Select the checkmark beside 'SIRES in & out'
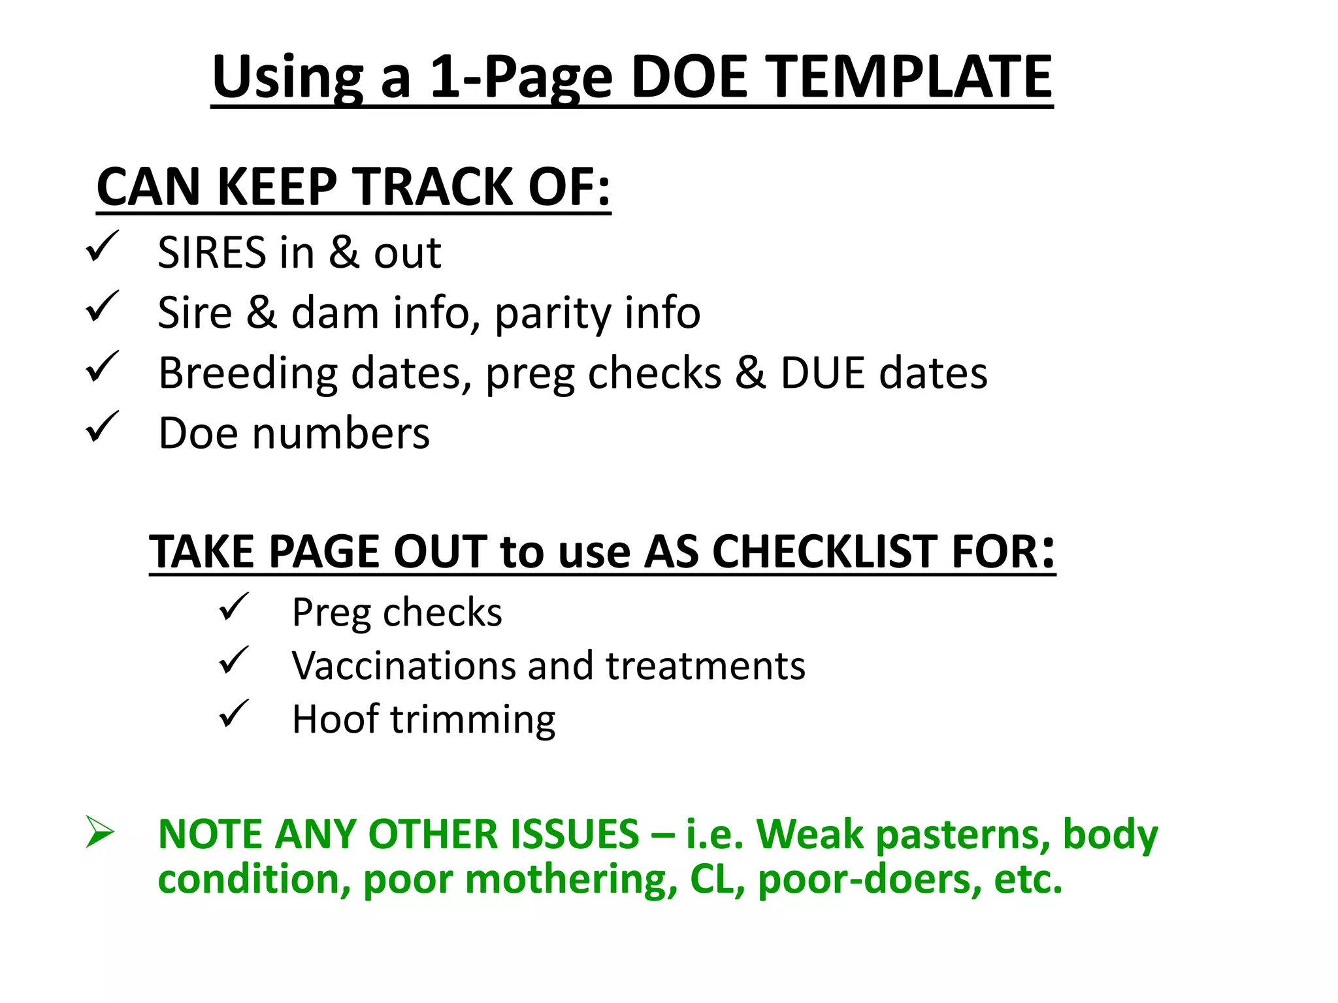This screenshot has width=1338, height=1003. point(102,246)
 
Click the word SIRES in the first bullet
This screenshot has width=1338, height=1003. point(212,253)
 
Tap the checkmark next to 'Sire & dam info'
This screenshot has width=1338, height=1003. point(102,306)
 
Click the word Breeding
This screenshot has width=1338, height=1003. point(248,374)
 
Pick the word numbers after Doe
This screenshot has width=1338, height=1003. point(341,434)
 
